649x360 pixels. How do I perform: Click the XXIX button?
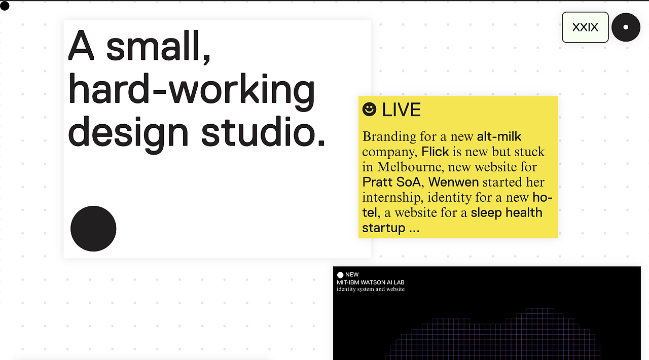585,27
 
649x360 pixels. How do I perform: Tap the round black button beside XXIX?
626,27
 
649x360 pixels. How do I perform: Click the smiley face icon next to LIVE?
370,110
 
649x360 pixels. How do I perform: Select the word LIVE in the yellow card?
402,110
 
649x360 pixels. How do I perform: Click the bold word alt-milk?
499,136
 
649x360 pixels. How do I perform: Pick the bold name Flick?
435,152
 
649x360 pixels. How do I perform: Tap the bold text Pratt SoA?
391,182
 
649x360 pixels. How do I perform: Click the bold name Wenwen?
454,182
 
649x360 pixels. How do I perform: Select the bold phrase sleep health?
507,212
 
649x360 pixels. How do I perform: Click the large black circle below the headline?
93,229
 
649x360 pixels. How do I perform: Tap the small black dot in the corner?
5,6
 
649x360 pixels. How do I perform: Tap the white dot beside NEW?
340,275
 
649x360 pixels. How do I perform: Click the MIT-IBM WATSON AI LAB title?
371,282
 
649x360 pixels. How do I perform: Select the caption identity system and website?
371,290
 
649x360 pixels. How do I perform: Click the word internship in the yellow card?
393,198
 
